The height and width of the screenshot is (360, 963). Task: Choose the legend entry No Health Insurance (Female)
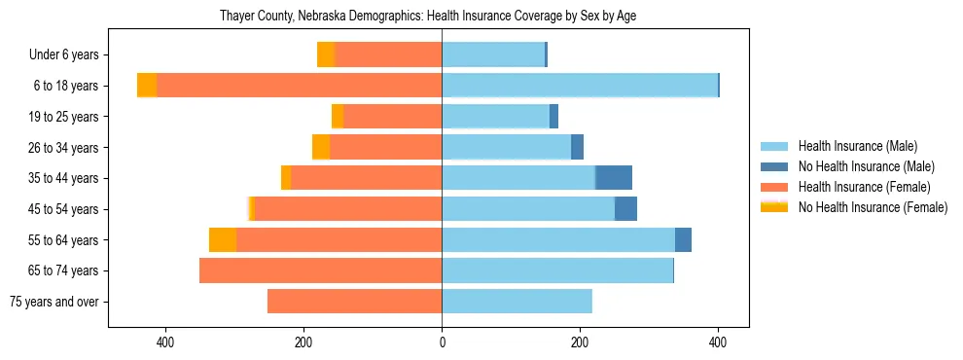(x=872, y=207)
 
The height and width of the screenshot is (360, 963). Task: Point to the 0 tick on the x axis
(x=442, y=342)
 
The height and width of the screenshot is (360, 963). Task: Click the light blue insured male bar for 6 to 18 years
(x=580, y=86)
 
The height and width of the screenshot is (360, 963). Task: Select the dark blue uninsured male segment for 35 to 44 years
(x=614, y=178)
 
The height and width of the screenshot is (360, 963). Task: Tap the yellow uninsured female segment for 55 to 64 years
(x=223, y=239)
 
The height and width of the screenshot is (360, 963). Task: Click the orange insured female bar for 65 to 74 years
(x=321, y=270)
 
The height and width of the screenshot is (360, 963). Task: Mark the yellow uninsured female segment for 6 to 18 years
(x=147, y=86)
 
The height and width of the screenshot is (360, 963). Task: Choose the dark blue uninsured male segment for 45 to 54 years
(x=625, y=209)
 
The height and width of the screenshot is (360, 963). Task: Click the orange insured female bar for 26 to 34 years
(x=386, y=147)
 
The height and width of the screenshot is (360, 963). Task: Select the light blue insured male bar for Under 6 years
(x=493, y=55)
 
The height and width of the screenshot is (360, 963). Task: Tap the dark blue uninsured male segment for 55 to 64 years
(x=683, y=239)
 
